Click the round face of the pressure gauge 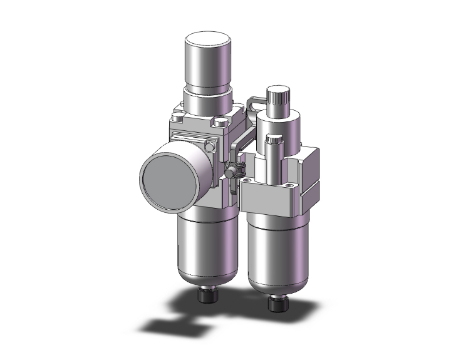coord(164,175)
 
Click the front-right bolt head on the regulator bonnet coord(222,121)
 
